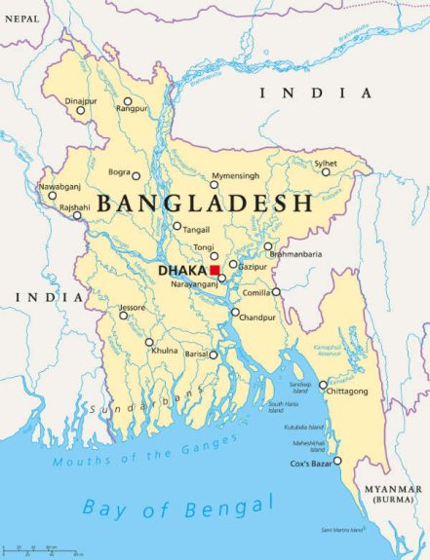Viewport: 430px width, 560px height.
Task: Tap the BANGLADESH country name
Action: (x=206, y=204)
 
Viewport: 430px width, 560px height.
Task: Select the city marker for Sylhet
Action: (x=327, y=172)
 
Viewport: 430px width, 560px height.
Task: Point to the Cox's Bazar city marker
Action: (x=338, y=462)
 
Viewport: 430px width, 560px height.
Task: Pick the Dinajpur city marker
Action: (x=81, y=110)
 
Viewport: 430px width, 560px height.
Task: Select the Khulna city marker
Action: (x=149, y=342)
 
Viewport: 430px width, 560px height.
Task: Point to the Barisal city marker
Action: (x=214, y=355)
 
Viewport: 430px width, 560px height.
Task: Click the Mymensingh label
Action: (x=236, y=174)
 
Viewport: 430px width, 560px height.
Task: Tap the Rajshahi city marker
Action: (x=78, y=215)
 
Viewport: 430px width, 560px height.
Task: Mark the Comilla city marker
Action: (x=276, y=291)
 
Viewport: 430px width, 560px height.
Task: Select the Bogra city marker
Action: (x=137, y=177)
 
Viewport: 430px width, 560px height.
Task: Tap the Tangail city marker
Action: (x=177, y=227)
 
